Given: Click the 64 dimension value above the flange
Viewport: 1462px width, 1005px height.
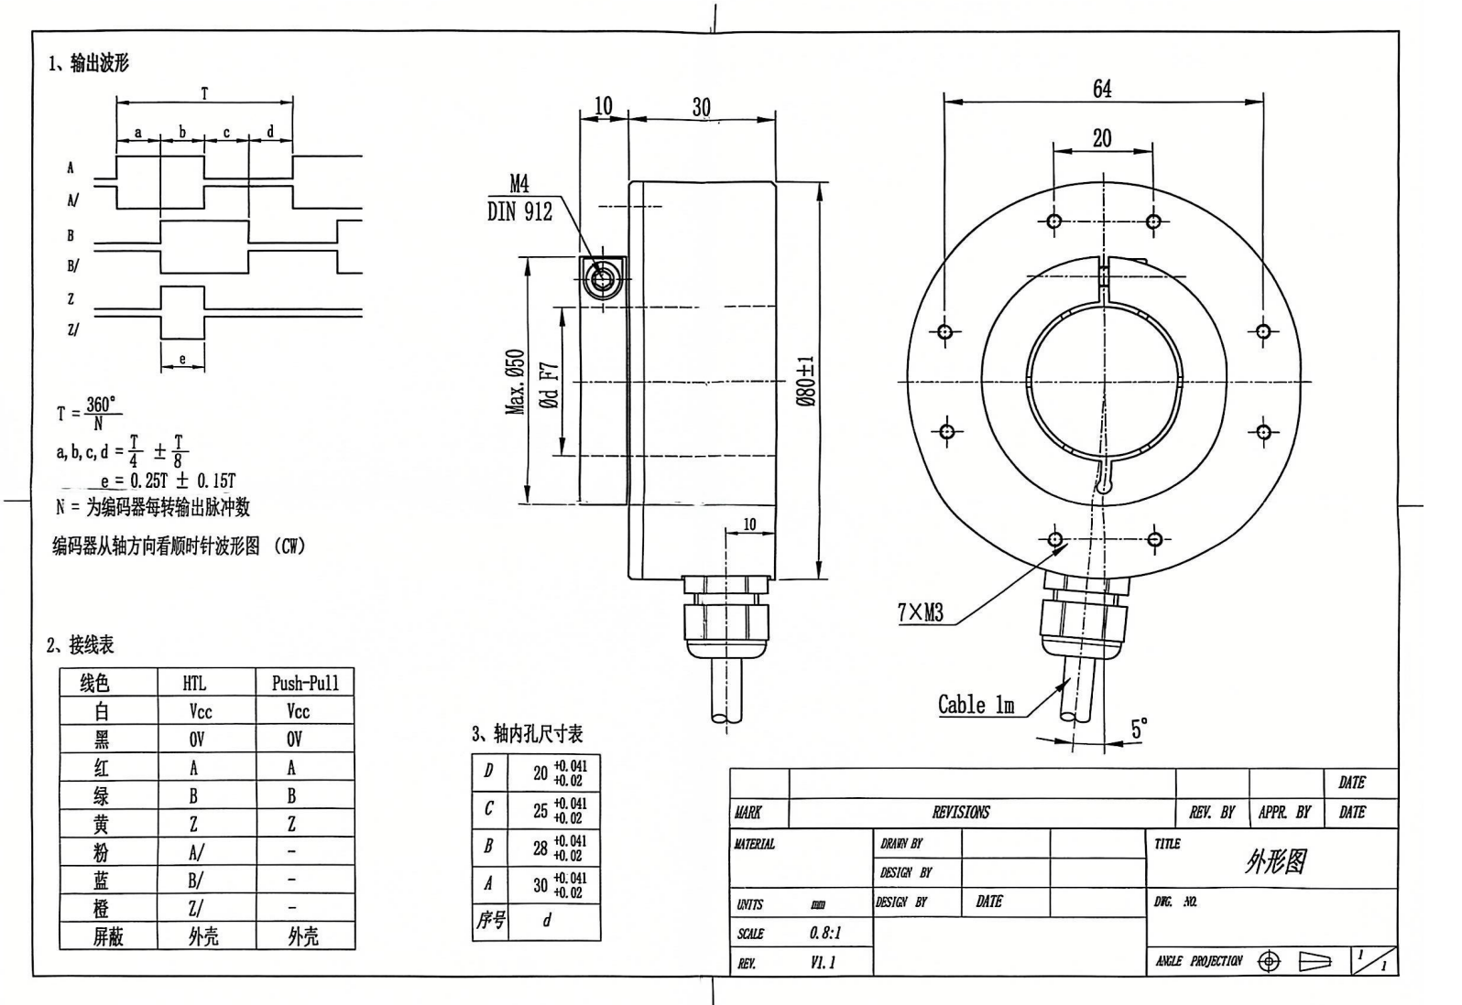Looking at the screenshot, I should tap(1102, 89).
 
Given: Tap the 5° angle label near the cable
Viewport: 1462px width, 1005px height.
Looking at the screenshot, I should tap(1139, 729).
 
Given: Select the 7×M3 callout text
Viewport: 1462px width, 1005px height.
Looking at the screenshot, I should tap(920, 612).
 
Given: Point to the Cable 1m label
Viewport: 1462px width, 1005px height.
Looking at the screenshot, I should tap(976, 705).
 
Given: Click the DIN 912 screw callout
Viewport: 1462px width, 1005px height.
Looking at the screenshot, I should tap(519, 212).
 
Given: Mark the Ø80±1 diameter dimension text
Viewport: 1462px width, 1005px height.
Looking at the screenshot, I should tap(804, 381).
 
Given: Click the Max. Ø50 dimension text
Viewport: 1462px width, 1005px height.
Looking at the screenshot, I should tap(516, 382).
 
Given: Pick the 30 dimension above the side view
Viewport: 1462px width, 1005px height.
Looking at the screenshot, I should tap(701, 107).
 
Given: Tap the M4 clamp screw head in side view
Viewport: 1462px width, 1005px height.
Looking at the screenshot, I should tap(601, 278).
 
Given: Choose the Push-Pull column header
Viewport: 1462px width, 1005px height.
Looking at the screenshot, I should tap(305, 683).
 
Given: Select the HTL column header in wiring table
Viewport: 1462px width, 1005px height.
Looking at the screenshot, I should tap(194, 683).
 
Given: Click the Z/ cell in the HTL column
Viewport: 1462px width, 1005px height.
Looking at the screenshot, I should tap(195, 908).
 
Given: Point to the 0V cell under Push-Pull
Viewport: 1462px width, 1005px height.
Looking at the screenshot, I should tap(294, 739).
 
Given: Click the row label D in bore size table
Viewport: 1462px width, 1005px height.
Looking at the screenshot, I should tap(487, 771).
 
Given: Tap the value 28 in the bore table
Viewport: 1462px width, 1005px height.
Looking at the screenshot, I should tap(540, 848).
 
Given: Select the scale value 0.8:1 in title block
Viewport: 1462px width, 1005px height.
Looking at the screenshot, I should tap(824, 934).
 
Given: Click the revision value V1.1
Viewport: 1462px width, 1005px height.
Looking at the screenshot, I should tap(823, 962).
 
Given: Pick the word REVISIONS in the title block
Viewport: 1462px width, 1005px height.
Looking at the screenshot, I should tap(961, 812).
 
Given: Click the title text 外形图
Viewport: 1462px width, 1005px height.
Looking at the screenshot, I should tap(1275, 860).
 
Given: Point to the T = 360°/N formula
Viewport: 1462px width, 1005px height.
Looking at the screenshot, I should tap(89, 413).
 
